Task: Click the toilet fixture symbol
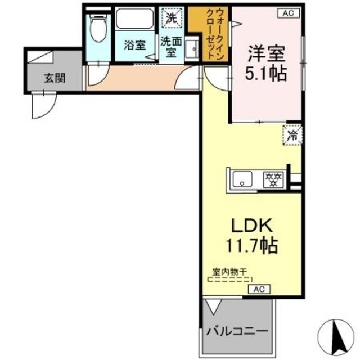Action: [x=98, y=28]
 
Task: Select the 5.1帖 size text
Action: [x=267, y=73]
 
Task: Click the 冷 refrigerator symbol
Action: [x=293, y=135]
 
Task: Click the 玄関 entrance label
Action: [x=55, y=78]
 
